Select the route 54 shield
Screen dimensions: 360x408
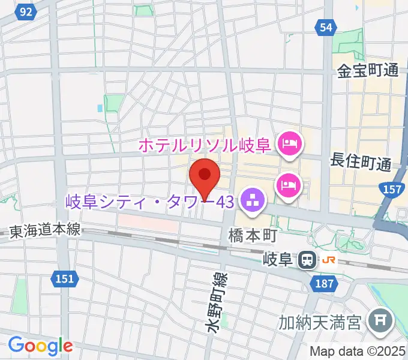point(325,27)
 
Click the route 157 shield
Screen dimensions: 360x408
point(392,190)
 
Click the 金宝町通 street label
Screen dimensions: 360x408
point(368,71)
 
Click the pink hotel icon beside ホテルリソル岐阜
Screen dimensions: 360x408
point(290,144)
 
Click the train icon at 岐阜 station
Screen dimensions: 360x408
point(307,260)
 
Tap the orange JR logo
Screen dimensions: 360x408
point(329,260)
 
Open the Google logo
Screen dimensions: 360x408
point(40,346)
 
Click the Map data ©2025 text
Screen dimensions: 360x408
point(357,351)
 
